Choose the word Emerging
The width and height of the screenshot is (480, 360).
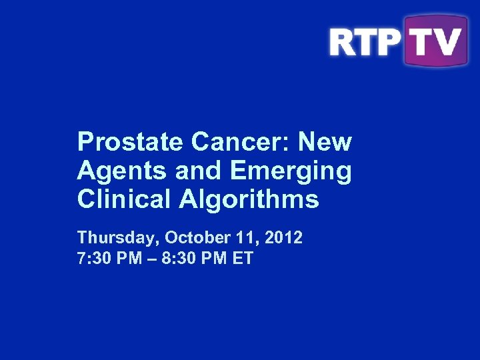290,171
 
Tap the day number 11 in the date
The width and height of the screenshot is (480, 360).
240,237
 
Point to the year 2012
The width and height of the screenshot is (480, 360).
284,237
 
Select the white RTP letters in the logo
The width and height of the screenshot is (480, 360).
364,41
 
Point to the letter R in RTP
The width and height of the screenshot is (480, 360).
343,41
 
